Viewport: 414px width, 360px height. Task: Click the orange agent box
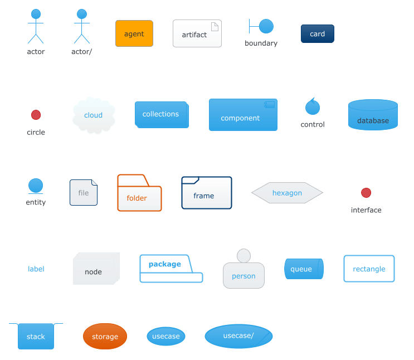[x=134, y=34]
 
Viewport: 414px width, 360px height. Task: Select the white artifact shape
[x=197, y=34]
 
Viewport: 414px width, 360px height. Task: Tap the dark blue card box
[x=317, y=34]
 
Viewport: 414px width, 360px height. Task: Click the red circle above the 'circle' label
[x=36, y=115]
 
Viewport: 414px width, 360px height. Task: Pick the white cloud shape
[x=94, y=115]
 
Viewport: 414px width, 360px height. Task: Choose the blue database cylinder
[x=373, y=115]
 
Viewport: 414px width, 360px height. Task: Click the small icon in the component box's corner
[x=269, y=104]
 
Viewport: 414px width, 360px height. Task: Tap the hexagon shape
[x=287, y=193]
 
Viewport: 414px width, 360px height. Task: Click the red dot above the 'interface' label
[x=366, y=193]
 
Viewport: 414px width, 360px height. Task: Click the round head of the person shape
[x=243, y=255]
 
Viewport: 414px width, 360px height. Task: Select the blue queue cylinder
[x=304, y=269]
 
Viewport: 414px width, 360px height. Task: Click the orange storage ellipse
[x=105, y=337]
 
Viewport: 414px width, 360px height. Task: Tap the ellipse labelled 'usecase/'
[x=238, y=337]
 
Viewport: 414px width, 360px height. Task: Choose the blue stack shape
[x=36, y=336]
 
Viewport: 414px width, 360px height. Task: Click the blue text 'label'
[x=36, y=269]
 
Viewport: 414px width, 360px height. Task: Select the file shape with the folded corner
[x=84, y=193]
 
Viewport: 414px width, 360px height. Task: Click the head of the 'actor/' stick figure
[x=82, y=14]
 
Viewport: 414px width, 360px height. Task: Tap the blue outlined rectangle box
[x=369, y=269]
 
